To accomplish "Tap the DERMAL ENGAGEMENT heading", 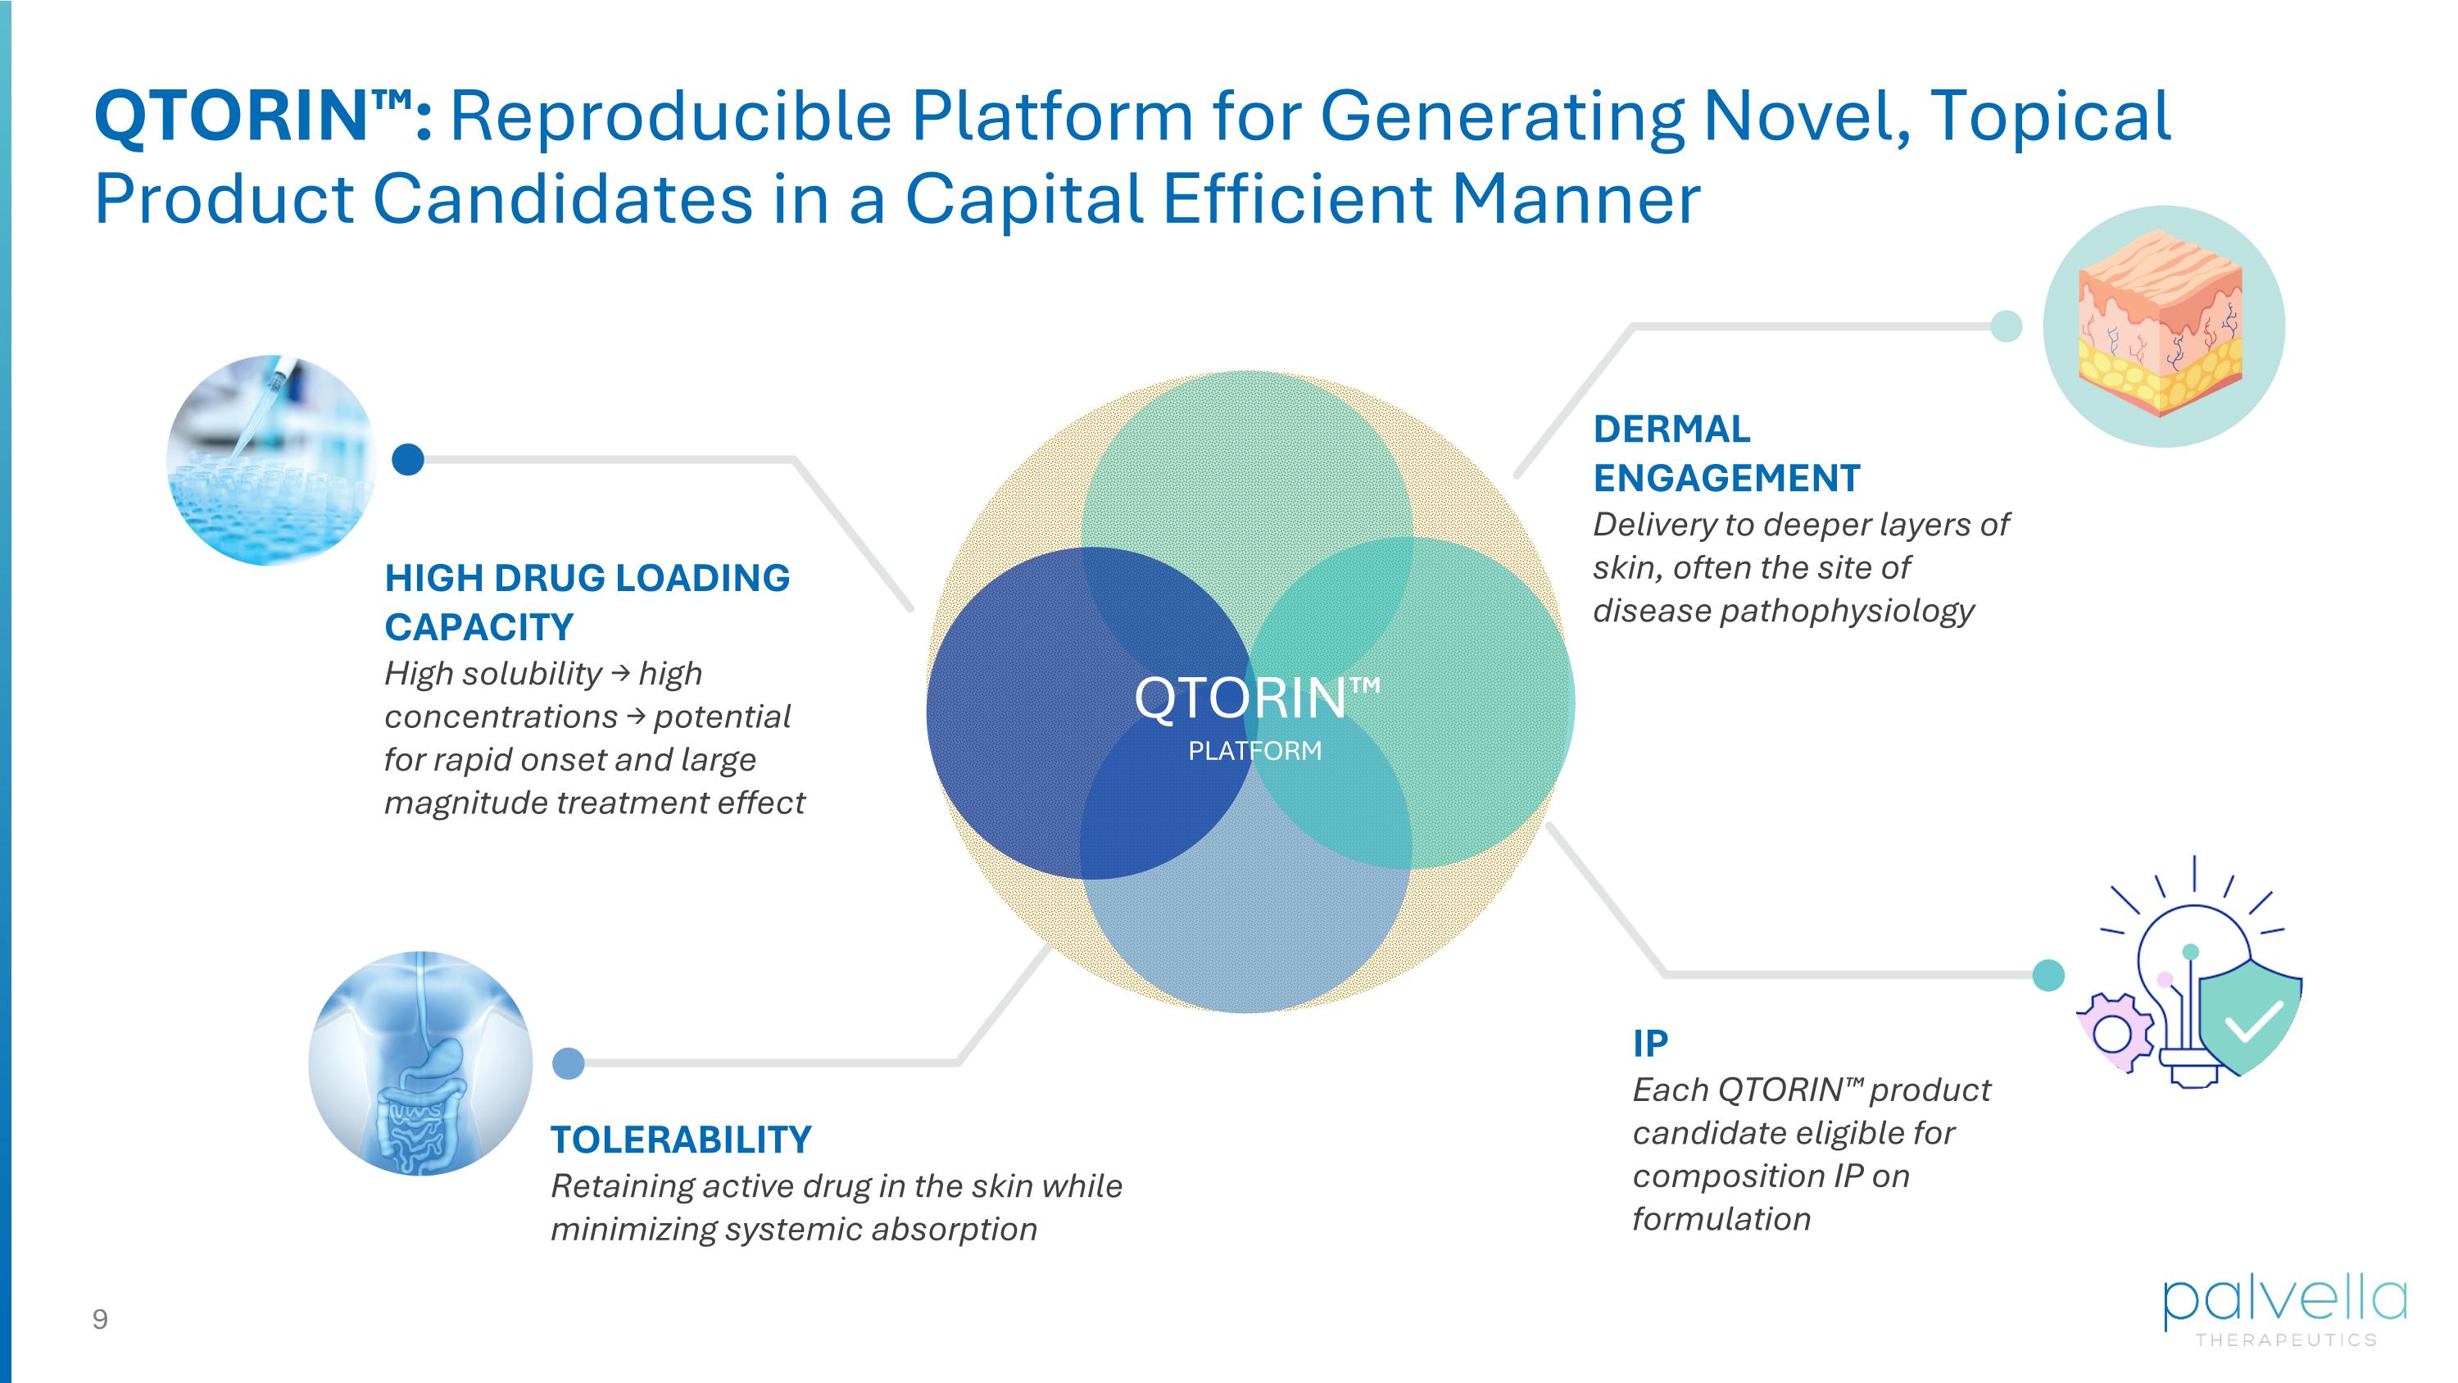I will click(1726, 453).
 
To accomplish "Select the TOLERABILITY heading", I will click(680, 1140).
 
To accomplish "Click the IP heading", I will click(1650, 1044).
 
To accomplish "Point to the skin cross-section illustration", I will click(2163, 326).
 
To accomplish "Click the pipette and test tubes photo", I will click(272, 460).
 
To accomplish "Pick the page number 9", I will click(100, 1320).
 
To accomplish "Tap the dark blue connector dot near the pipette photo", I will click(408, 460).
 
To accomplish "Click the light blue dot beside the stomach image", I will click(569, 1062).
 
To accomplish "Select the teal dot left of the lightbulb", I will click(2048, 975).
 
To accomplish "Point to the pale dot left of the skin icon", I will click(2006, 325).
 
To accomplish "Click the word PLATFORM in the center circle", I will click(1254, 751).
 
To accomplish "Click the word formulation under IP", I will click(1721, 1219).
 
